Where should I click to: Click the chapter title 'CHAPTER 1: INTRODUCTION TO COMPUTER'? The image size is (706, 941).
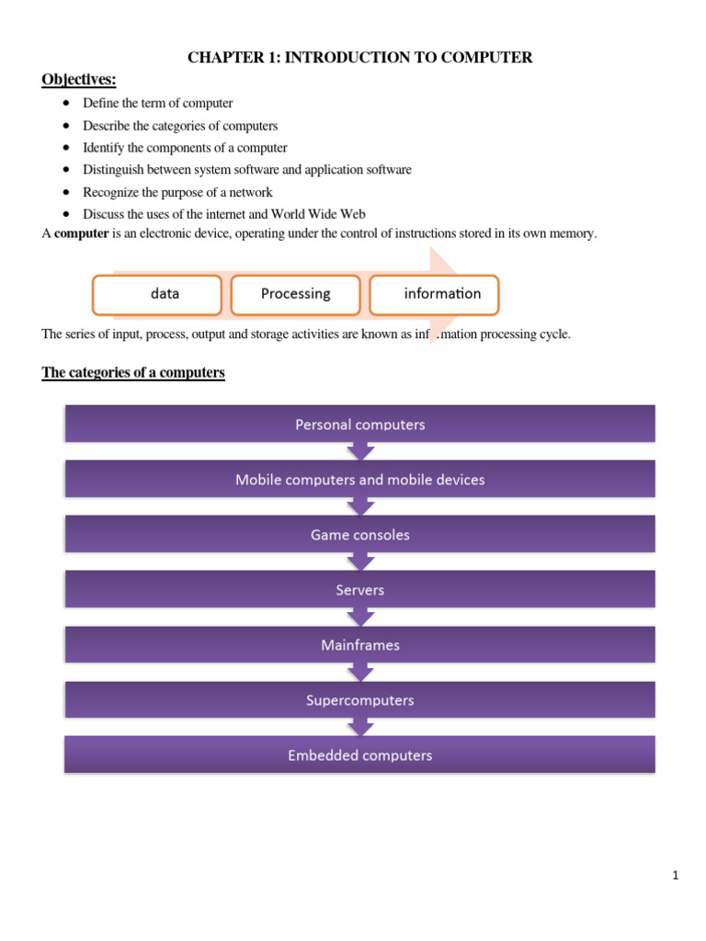(359, 58)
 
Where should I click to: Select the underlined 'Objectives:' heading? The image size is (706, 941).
(79, 80)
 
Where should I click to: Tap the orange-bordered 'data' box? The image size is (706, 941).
(158, 294)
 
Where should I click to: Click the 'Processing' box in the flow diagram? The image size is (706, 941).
(295, 294)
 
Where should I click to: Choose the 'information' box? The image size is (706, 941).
(434, 294)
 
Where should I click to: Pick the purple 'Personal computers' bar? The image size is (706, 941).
(359, 425)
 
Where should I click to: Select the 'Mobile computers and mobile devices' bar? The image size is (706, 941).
(359, 480)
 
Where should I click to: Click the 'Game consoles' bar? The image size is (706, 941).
(359, 535)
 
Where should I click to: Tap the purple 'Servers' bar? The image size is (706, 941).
(359, 590)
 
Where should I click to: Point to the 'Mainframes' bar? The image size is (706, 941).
(359, 645)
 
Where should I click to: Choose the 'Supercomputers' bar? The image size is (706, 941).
(359, 700)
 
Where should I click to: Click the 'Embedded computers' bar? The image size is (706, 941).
(359, 755)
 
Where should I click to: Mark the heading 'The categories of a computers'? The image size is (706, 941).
(133, 373)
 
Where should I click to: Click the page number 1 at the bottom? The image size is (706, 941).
(675, 876)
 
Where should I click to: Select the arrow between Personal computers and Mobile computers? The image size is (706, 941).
(359, 451)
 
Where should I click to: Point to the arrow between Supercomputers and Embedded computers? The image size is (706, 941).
(359, 727)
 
